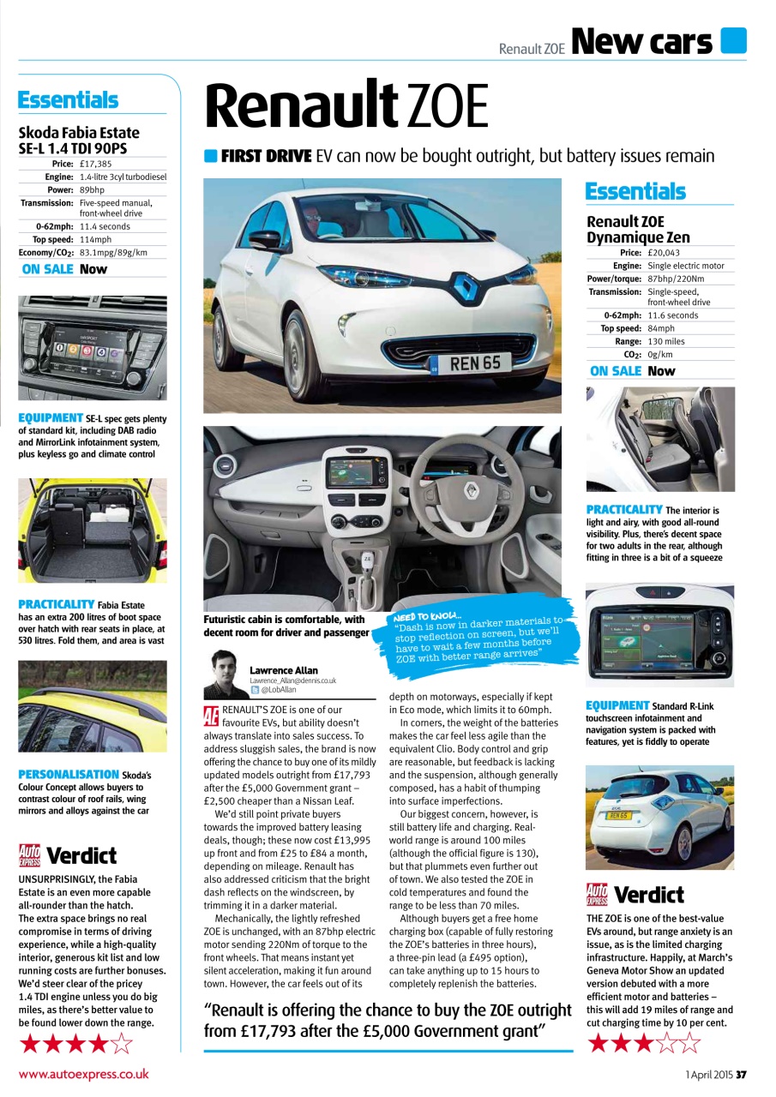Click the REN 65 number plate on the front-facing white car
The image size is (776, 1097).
click(x=474, y=363)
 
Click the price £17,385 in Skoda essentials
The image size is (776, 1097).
click(x=95, y=164)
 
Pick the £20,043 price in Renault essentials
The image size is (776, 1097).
click(x=663, y=253)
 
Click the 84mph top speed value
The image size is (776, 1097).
click(x=661, y=328)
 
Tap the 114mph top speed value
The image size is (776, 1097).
click(x=95, y=240)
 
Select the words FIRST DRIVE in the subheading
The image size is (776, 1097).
click(x=266, y=156)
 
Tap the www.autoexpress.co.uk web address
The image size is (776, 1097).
click(x=83, y=1074)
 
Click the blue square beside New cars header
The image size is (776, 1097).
click(x=733, y=40)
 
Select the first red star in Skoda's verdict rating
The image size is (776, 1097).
click(x=31, y=1044)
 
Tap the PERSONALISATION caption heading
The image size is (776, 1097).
click(x=69, y=774)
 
